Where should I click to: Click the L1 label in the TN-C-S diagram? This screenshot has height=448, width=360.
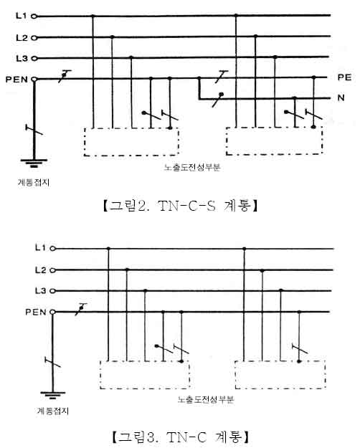pyautogui.click(x=22, y=16)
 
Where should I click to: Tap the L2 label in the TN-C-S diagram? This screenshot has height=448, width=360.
pyautogui.click(x=22, y=37)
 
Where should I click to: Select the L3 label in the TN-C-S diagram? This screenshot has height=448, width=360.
pyautogui.click(x=22, y=59)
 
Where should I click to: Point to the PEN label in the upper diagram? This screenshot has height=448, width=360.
pyautogui.click(x=16, y=79)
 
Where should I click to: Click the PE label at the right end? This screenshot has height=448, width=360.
pyautogui.click(x=344, y=77)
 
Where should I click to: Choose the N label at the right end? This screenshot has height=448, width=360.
pyautogui.click(x=341, y=97)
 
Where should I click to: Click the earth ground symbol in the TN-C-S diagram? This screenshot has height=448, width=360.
pyautogui.click(x=34, y=163)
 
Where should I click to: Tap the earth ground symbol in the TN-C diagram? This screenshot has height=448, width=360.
pyautogui.click(x=52, y=395)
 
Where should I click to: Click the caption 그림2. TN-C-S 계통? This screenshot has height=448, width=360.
pyautogui.click(x=181, y=206)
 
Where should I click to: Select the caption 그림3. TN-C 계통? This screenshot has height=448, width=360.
pyautogui.click(x=181, y=437)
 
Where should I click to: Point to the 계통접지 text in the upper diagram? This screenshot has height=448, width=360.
pyautogui.click(x=34, y=182)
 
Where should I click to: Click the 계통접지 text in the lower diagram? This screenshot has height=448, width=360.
pyautogui.click(x=53, y=411)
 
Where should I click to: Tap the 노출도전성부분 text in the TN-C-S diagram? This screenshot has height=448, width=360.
pyautogui.click(x=192, y=168)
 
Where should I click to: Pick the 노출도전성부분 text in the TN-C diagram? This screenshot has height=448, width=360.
pyautogui.click(x=206, y=399)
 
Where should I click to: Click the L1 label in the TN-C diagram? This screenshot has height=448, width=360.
pyautogui.click(x=40, y=248)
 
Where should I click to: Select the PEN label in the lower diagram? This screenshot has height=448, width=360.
pyautogui.click(x=36, y=312)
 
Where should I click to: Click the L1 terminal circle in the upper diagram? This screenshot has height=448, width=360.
pyautogui.click(x=34, y=16)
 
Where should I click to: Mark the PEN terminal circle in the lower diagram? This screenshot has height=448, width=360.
pyautogui.click(x=52, y=312)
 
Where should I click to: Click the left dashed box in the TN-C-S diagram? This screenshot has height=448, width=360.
pyautogui.click(x=84, y=142)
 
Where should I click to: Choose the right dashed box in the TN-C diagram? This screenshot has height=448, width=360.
pyautogui.click(x=235, y=375)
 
